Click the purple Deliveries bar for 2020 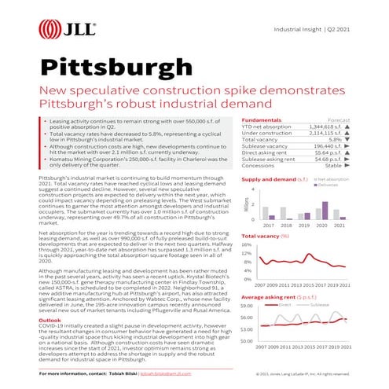[325, 208]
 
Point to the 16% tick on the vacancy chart [247, 244]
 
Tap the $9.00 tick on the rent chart [247, 306]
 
